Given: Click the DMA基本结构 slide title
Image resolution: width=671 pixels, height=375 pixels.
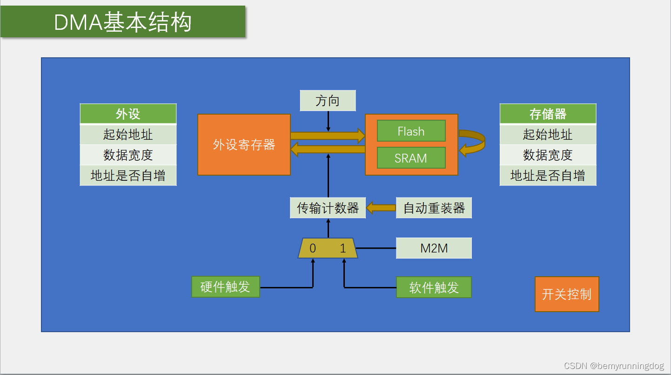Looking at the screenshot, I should coord(123,22).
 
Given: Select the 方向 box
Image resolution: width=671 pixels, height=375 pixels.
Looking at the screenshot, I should coord(328,101).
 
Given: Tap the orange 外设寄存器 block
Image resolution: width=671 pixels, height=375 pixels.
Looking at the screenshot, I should coord(244,145).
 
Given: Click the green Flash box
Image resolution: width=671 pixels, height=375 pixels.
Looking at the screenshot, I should coord(411,131).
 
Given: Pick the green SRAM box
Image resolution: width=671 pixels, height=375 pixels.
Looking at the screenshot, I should coord(411,158).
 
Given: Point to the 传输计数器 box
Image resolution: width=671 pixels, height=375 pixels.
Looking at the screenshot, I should coord(328,208).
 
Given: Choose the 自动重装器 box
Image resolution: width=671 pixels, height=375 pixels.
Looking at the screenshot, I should coord(434,208).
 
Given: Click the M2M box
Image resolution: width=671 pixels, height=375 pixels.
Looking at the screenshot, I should coord(434,248).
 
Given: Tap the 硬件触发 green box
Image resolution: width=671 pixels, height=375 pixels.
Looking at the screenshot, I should coord(226,287).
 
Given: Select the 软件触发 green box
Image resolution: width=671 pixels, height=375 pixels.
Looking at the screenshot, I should coord(434,287).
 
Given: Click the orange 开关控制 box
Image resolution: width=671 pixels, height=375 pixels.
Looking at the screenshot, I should coord(567,294).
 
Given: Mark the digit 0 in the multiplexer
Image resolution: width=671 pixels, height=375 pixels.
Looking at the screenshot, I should coord(313,248).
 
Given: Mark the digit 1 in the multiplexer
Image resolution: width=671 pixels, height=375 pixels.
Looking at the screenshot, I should coord(343,248).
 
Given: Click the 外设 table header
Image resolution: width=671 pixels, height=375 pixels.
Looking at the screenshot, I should coord(128,114).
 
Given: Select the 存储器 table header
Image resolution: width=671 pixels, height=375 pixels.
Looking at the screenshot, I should coord(548,114).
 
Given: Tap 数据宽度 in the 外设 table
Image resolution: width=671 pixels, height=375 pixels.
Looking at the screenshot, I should coord(128,155).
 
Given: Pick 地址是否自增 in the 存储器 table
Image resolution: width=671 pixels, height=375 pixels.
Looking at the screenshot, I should coord(548,176).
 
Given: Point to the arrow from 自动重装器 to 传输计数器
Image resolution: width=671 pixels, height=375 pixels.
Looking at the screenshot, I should coord(381,208).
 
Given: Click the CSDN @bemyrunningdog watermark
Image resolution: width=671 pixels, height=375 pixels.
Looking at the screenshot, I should coord(614,366).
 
